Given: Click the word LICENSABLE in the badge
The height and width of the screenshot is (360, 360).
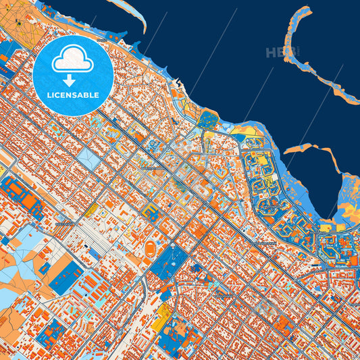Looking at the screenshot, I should click(73, 95).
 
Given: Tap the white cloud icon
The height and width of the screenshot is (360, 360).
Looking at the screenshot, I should click(73, 59).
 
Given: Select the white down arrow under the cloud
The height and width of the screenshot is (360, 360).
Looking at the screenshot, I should click(73, 80).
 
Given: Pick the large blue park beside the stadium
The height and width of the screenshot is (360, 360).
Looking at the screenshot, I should click(170, 262).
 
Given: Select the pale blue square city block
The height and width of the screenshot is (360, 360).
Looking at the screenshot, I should click(88, 159).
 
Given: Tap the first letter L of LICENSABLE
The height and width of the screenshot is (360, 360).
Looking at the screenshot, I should click(49, 95).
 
